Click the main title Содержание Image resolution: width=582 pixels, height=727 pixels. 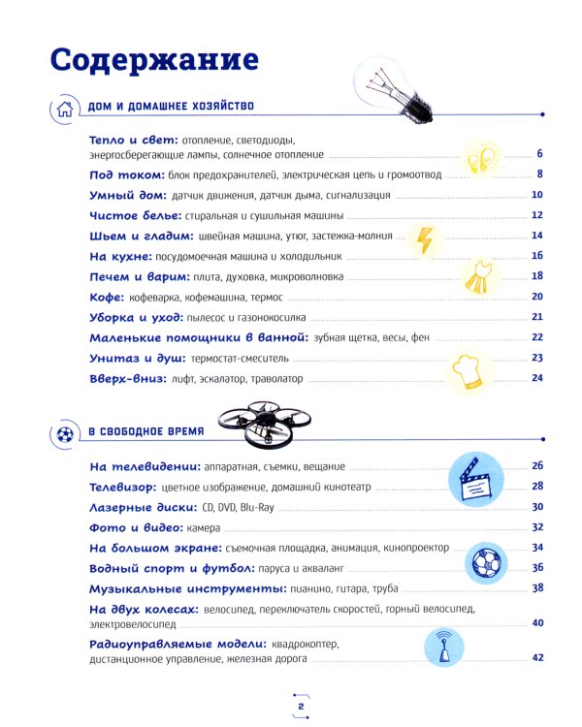click(155, 60)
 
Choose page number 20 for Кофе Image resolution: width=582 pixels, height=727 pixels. click(535, 297)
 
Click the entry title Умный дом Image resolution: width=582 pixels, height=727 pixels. click(121, 195)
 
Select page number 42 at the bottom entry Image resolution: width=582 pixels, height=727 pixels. click(535, 658)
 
